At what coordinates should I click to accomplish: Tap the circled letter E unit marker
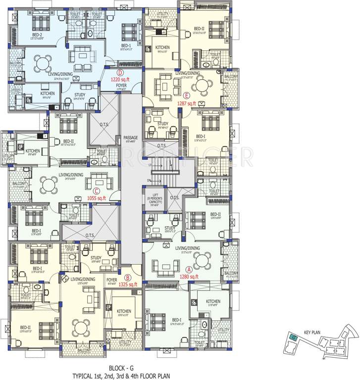186,95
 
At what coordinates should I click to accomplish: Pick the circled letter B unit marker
128,278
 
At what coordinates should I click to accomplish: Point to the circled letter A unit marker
189,270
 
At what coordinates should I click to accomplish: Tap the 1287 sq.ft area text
187,103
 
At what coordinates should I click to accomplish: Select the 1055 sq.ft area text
97,198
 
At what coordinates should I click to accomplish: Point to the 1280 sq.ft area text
189,277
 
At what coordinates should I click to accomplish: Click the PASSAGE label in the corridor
130,138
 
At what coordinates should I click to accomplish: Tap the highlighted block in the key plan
294,338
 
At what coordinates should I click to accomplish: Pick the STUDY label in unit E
162,124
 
